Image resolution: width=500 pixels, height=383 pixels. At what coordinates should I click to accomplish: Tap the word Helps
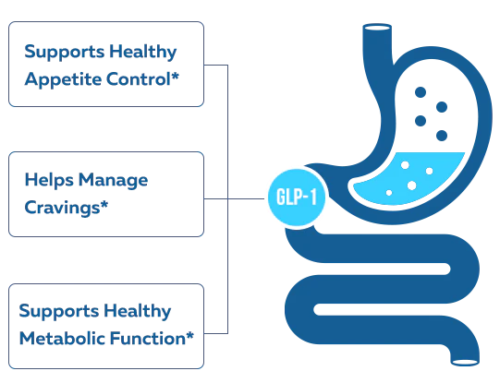point(49,181)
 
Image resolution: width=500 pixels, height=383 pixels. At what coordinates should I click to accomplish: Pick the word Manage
point(113,181)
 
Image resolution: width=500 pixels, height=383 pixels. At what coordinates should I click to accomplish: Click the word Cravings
point(62,209)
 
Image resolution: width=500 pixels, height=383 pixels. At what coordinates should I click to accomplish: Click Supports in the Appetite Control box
point(65,53)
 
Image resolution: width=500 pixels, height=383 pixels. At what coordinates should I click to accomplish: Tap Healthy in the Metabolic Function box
point(138,311)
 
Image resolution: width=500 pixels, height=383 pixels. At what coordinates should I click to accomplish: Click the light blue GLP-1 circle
point(297,197)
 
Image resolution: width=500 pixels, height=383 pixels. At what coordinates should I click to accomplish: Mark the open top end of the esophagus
point(377,28)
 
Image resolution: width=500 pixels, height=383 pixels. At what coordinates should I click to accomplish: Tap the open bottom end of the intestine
point(465,363)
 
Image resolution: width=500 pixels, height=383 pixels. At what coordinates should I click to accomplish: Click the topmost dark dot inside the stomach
point(421,92)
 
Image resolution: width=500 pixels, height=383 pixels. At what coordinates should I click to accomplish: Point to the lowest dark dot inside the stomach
point(442,136)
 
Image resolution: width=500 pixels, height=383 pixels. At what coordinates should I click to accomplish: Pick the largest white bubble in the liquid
point(411,186)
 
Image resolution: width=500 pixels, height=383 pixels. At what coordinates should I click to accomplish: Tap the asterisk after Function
point(190,335)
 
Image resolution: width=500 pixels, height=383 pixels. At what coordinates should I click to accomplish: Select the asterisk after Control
point(175,76)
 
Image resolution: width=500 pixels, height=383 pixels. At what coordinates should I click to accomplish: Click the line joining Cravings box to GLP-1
point(234,198)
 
